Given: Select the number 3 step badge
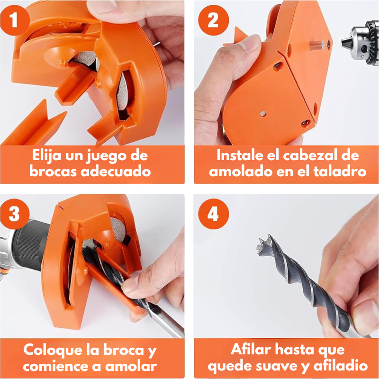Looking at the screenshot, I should pos(15,214).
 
